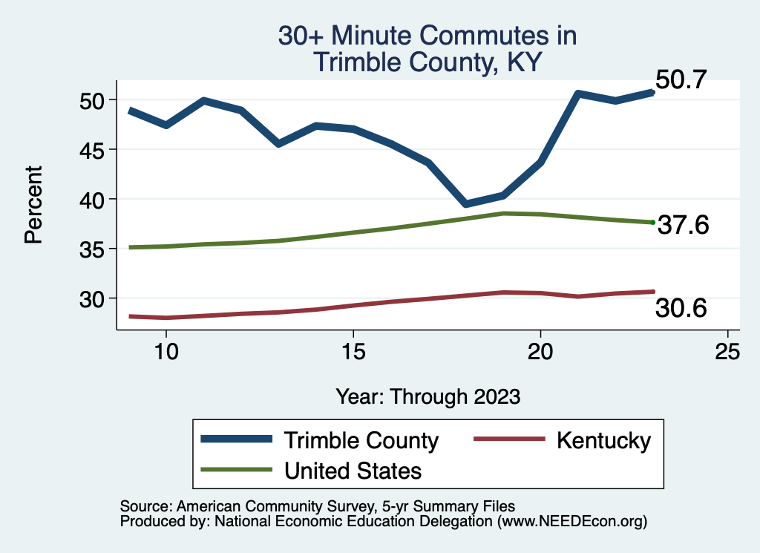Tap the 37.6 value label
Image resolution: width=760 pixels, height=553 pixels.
(x=684, y=225)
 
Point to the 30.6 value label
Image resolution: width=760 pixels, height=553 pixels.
(x=681, y=308)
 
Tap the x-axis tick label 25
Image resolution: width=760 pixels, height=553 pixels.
(x=727, y=351)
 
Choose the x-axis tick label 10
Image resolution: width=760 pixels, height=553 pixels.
(x=166, y=351)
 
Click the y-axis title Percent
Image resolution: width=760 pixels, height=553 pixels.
(x=33, y=206)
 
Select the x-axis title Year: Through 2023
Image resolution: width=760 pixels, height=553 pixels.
(x=427, y=396)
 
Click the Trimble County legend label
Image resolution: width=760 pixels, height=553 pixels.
(x=361, y=440)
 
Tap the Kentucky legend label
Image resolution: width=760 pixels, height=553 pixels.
(x=603, y=440)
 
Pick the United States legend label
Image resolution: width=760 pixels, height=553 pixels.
(x=353, y=470)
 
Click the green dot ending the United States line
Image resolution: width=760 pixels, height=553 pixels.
(x=652, y=222)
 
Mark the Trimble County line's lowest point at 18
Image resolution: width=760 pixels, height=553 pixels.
(x=465, y=203)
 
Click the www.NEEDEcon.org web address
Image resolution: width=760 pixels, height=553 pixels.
(x=571, y=522)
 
